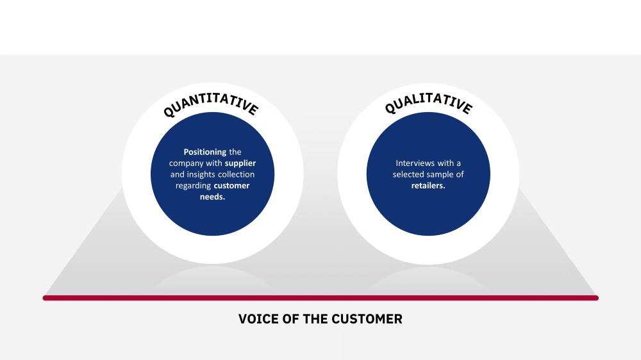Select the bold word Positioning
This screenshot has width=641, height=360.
coord(205,152)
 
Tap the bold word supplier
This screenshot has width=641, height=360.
coord(240,163)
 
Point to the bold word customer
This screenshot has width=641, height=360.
coord(231,186)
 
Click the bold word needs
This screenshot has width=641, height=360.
coord(213,197)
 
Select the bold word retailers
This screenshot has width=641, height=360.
coord(428,186)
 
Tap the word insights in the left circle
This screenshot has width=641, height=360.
coord(201,174)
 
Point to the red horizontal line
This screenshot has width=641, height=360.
coord(320,298)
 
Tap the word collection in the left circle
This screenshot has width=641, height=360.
coord(236,174)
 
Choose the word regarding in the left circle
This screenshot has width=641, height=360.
coord(194,186)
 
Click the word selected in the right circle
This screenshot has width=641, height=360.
coord(408,174)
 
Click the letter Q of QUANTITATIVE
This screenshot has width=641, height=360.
coord(169,111)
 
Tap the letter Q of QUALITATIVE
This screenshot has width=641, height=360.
coord(390,108)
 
